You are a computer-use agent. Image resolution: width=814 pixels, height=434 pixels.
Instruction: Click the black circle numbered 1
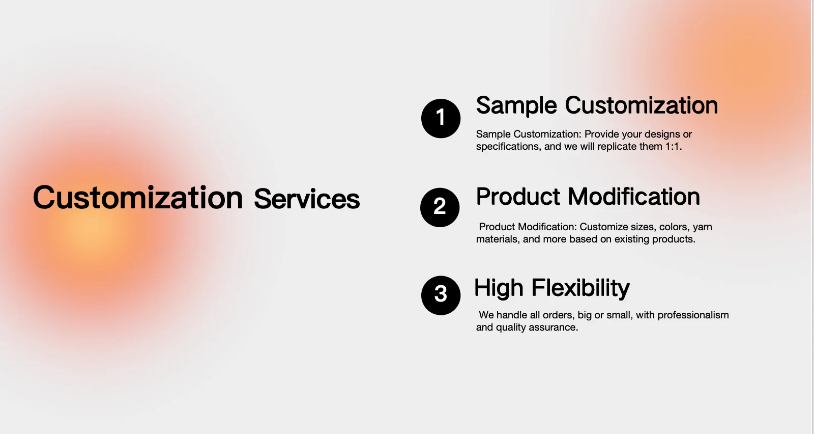tap(441, 118)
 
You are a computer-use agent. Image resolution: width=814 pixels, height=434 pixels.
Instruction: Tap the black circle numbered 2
tap(440, 207)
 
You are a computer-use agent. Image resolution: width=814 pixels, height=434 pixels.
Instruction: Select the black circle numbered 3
tap(441, 295)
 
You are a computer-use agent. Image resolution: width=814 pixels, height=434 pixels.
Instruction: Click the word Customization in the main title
tap(138, 198)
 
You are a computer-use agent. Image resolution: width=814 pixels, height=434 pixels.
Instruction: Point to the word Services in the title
tap(307, 199)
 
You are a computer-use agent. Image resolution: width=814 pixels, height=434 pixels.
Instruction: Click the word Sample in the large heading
tap(516, 106)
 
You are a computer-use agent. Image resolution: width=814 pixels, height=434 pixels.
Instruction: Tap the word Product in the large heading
tap(518, 197)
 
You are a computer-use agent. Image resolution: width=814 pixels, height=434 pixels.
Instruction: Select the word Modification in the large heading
tap(634, 197)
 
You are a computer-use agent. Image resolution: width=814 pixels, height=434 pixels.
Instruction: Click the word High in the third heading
tap(499, 289)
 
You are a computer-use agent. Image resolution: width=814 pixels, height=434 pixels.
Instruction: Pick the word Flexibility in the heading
tap(580, 289)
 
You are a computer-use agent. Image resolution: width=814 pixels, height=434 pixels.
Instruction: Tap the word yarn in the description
tap(703, 227)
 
